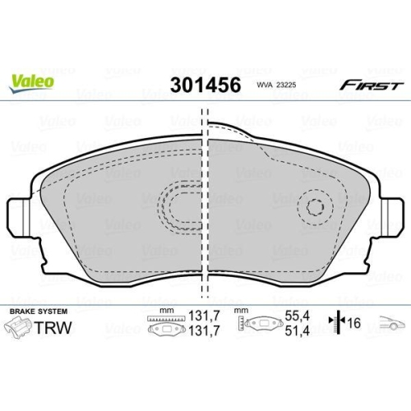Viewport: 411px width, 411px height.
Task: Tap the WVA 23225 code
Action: pyautogui.click(x=280, y=86)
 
